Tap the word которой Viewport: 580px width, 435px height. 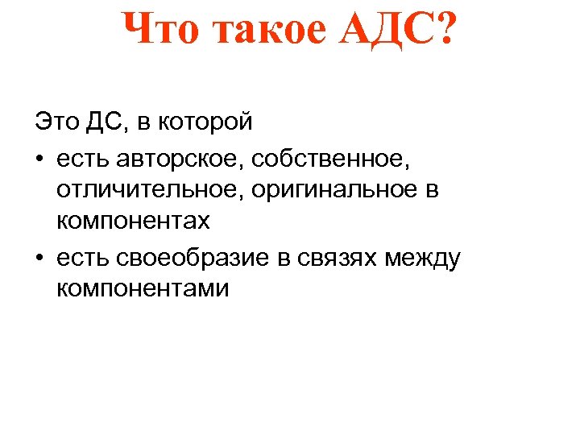(209, 122)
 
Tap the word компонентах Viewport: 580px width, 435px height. (133, 220)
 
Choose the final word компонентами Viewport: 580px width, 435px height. (143, 288)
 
